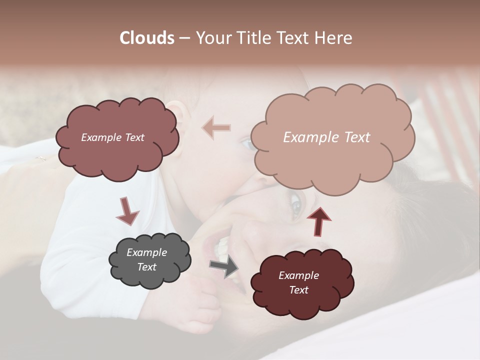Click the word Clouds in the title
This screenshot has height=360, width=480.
(147, 38)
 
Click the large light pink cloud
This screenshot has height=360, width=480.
(332, 150)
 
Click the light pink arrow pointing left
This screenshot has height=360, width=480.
(216, 128)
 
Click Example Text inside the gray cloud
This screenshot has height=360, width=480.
(146, 259)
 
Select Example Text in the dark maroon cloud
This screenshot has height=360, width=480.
(298, 282)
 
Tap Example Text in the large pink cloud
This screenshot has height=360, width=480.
(326, 137)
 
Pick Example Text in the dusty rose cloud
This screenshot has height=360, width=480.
(112, 137)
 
